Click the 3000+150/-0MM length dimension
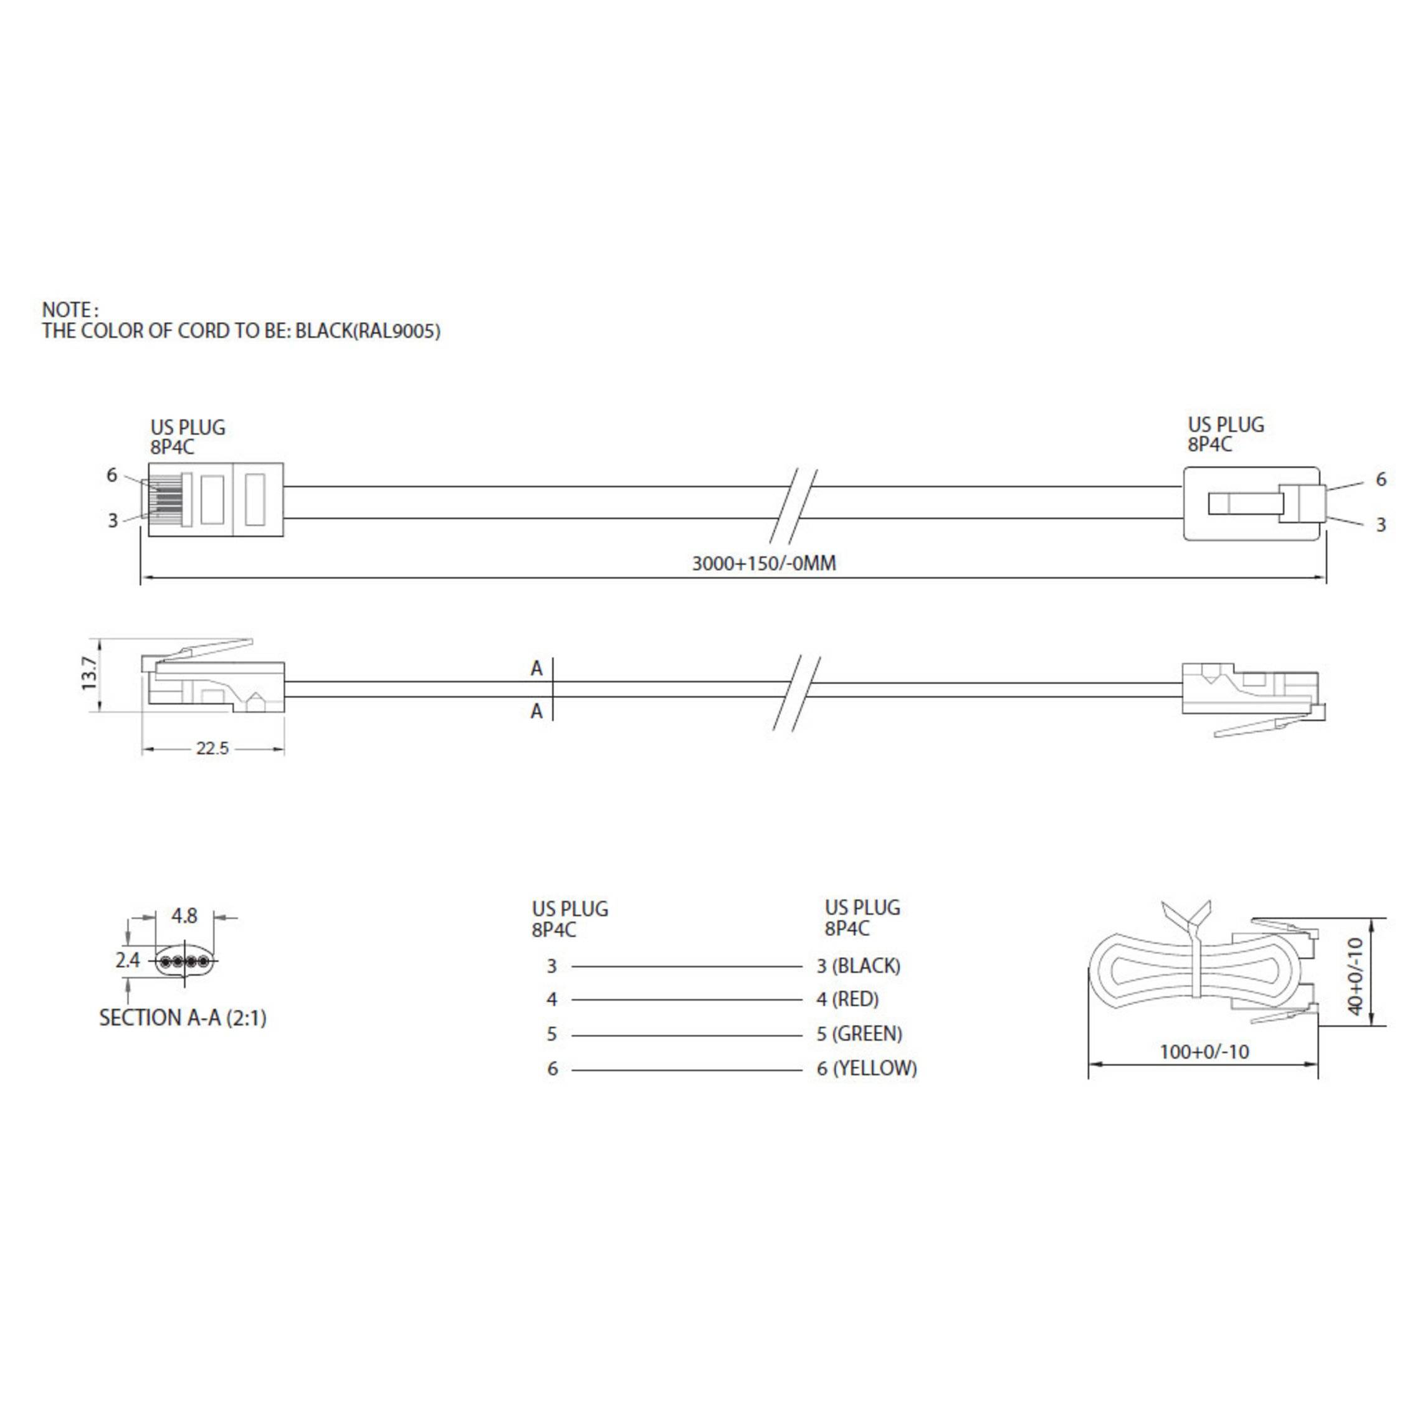pyautogui.click(x=763, y=563)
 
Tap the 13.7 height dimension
pyautogui.click(x=89, y=675)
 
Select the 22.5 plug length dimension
pyautogui.click(x=212, y=748)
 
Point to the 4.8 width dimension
pyautogui.click(x=184, y=917)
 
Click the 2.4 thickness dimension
pyautogui.click(x=128, y=961)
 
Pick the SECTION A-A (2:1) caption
pyautogui.click(x=183, y=1018)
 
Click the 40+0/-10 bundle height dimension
pyautogui.click(x=1354, y=975)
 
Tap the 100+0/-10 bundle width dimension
pyautogui.click(x=1204, y=1052)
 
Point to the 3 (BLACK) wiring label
pyautogui.click(x=859, y=966)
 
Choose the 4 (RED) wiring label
pyautogui.click(x=847, y=999)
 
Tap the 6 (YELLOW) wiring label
pyautogui.click(x=867, y=1068)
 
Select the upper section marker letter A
pyautogui.click(x=536, y=669)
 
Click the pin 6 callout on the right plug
pyautogui.click(x=1380, y=479)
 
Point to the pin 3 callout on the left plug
pyautogui.click(x=113, y=520)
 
